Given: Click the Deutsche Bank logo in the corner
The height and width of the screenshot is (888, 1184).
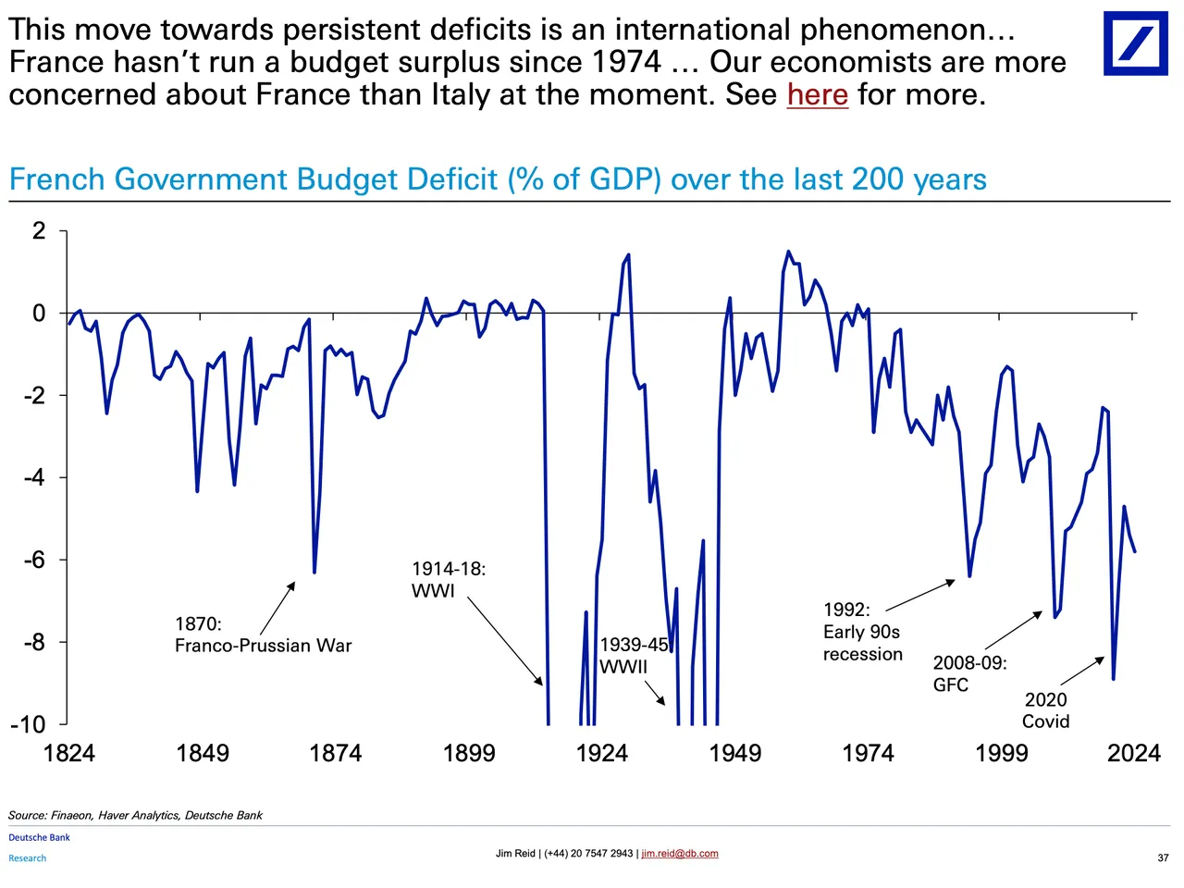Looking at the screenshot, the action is (x=1136, y=43).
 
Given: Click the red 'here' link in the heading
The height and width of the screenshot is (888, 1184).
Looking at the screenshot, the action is (x=817, y=94).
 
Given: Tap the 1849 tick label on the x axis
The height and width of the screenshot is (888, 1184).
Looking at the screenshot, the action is (x=203, y=753).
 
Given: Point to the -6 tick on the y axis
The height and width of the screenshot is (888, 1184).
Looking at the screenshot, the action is (x=35, y=560).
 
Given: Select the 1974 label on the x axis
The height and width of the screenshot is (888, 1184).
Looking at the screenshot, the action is (x=869, y=753).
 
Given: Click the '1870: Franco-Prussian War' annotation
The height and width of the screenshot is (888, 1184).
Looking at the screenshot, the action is (x=263, y=635).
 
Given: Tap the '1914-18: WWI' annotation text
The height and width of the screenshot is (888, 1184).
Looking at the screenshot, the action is (x=449, y=580).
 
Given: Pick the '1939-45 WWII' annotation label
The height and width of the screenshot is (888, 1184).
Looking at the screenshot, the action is (x=635, y=656).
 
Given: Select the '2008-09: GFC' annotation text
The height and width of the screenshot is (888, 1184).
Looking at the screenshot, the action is (x=969, y=673).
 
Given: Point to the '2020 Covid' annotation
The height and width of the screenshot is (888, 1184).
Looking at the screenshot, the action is (x=1045, y=710).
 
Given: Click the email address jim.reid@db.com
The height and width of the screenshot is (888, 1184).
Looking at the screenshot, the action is (x=680, y=854).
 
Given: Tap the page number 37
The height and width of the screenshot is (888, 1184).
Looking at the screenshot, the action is (x=1163, y=857).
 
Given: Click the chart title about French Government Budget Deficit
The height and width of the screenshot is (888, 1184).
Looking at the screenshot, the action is (x=498, y=179).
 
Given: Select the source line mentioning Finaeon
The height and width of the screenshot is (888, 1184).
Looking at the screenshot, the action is (x=135, y=815).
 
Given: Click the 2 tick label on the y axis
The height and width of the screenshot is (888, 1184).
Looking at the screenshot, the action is (x=39, y=230).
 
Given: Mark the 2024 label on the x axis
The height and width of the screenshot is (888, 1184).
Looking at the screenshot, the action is (x=1134, y=753).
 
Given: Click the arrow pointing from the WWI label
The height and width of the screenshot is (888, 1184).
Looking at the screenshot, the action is (x=505, y=641).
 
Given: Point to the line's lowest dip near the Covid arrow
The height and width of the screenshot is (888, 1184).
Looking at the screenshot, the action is (x=1114, y=678).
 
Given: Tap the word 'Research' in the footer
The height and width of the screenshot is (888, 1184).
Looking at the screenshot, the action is (x=28, y=858).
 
